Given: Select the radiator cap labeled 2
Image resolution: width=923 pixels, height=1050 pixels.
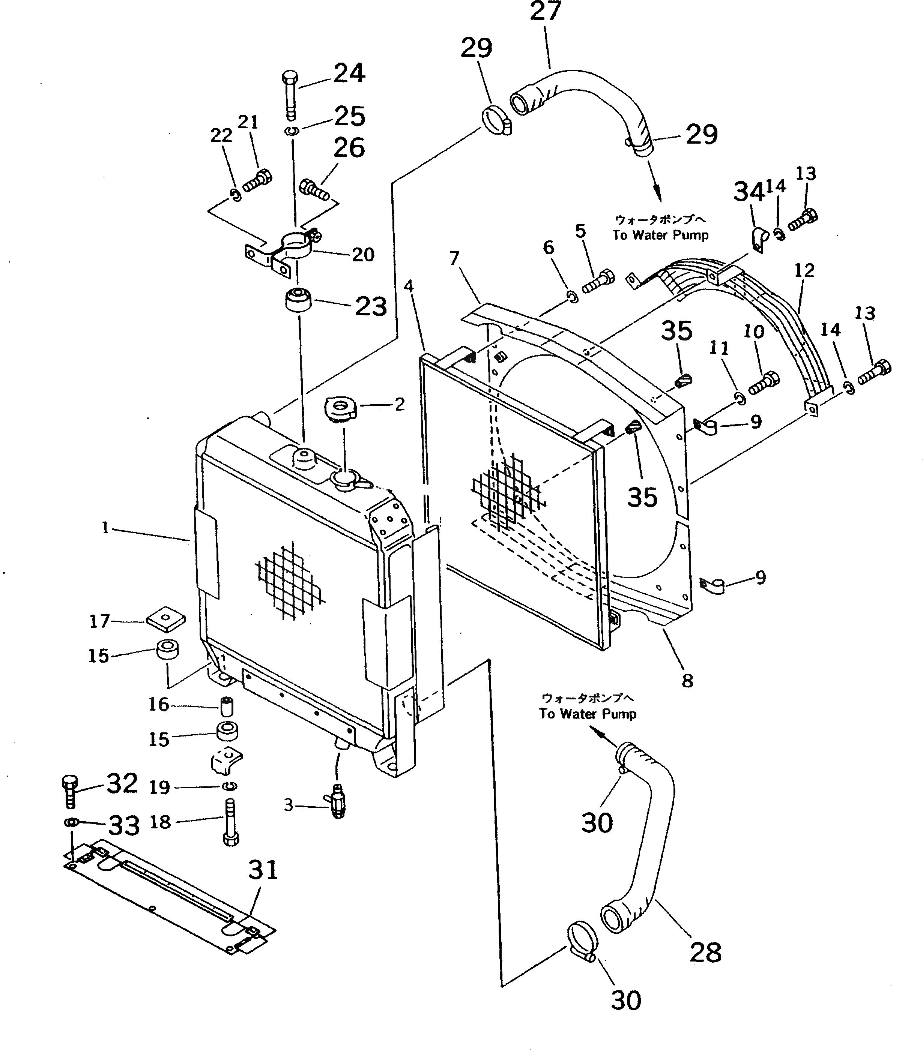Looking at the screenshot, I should (x=338, y=411).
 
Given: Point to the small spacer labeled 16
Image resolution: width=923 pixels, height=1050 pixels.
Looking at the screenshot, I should (x=226, y=707).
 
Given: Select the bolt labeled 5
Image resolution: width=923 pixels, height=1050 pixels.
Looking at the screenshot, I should (x=597, y=280).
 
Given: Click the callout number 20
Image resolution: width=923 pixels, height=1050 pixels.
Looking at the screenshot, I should (x=363, y=254).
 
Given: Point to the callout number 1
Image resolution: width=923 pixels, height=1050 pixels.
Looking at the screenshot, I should (x=105, y=528).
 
